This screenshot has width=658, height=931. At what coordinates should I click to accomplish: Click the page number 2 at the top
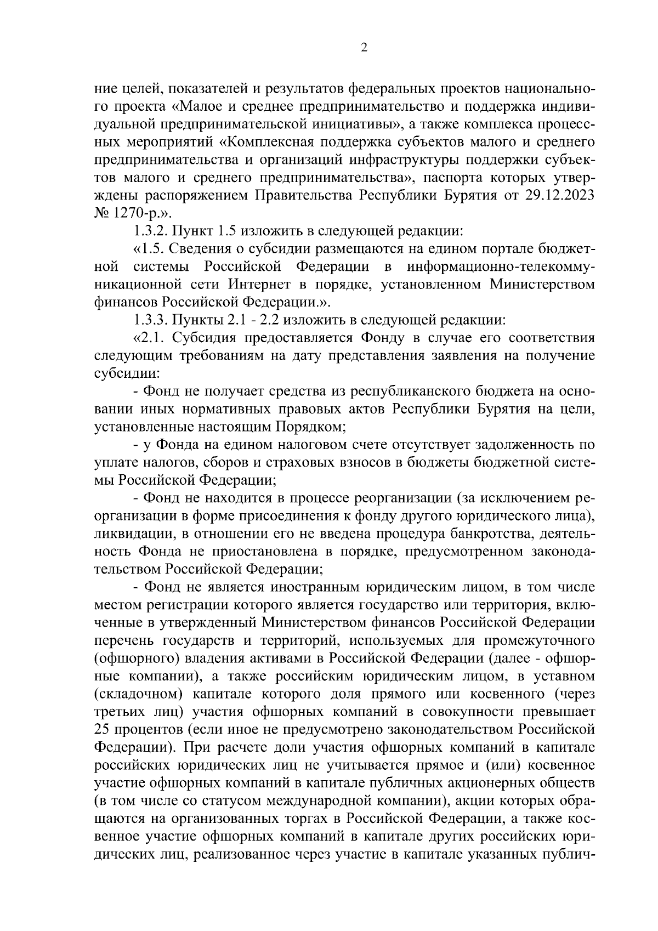pos(364,47)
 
